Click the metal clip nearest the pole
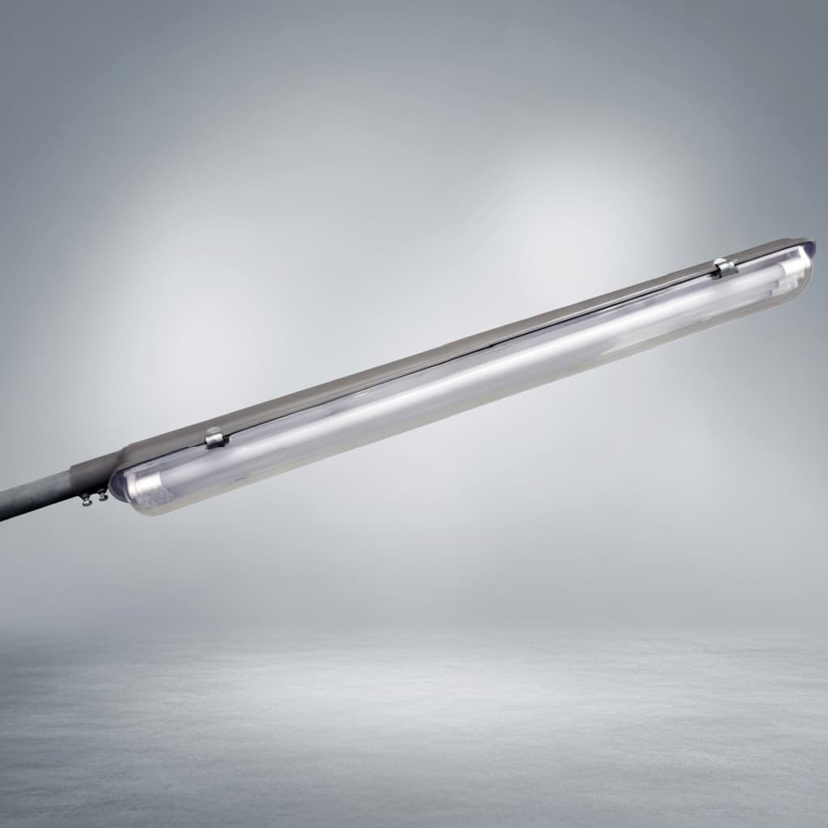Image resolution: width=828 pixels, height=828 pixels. tap(215, 438)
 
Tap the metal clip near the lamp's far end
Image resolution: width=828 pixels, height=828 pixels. tap(724, 267)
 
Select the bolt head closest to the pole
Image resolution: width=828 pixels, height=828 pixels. tap(85, 502)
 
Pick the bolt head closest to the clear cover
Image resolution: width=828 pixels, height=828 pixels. tap(102, 496)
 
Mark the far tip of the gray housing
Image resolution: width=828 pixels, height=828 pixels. tap(804, 243)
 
